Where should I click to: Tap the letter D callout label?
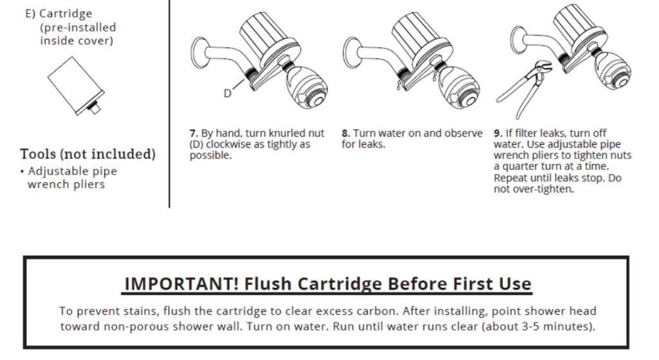coord(227,93)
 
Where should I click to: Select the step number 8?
coord(345,133)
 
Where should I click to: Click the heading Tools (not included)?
coord(88,155)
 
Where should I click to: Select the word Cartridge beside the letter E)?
coord(66,14)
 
